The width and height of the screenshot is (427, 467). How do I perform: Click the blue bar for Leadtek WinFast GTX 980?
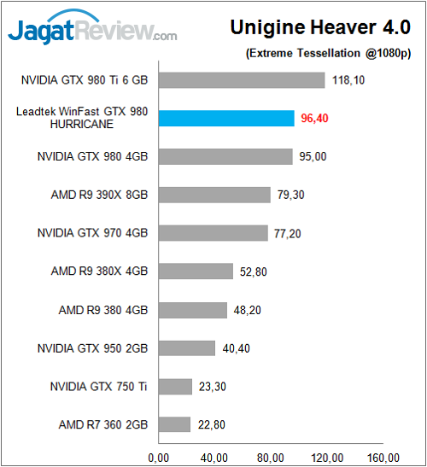[x=226, y=119]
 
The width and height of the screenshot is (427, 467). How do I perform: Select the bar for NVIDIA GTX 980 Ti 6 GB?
[x=242, y=81]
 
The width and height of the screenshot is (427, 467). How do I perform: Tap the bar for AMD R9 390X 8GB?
[x=214, y=195]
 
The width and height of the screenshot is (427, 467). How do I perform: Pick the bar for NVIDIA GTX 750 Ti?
[x=175, y=387]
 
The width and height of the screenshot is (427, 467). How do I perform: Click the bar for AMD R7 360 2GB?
[x=174, y=424]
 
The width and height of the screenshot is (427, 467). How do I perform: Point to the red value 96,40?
[x=315, y=119]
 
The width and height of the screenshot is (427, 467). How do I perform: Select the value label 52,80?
[x=254, y=271]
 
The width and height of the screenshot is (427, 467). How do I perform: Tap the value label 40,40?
[x=237, y=348]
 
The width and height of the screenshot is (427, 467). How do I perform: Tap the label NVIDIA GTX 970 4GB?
[x=92, y=233]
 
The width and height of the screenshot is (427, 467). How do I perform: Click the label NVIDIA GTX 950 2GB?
[x=92, y=348]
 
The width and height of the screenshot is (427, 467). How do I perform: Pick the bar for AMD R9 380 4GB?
[x=193, y=310]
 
